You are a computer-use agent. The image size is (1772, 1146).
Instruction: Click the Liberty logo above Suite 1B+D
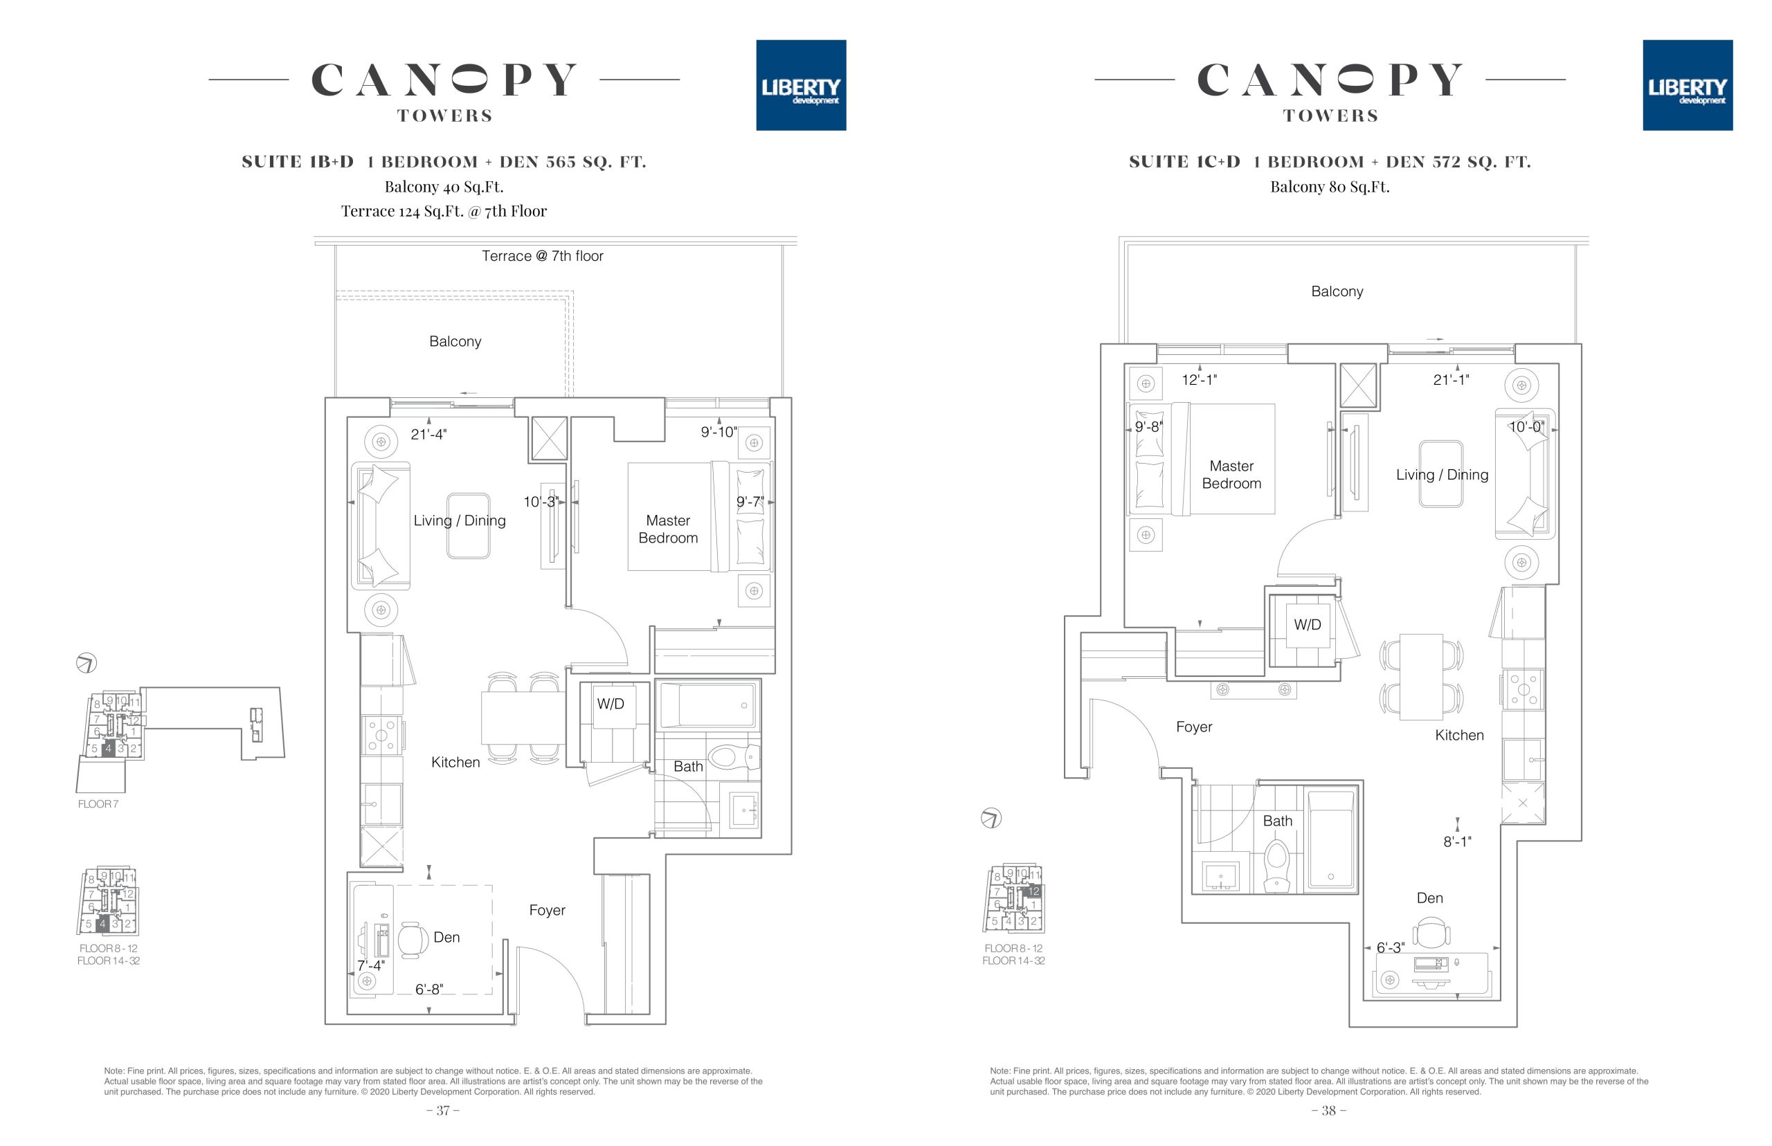click(801, 85)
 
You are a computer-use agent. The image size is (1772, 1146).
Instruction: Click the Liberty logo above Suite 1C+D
click(1687, 85)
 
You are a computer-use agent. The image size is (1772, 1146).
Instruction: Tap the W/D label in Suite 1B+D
click(611, 703)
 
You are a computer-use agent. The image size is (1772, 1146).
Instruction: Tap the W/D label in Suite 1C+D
click(1307, 624)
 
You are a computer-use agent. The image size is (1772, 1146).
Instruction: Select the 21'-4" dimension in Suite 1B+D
click(428, 434)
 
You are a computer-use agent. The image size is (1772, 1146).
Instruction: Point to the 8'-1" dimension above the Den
click(1457, 842)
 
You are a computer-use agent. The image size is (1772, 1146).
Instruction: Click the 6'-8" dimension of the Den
click(428, 989)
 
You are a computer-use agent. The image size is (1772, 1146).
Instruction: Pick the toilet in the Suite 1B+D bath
click(734, 758)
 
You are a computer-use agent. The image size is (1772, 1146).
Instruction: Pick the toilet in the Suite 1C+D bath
click(1276, 866)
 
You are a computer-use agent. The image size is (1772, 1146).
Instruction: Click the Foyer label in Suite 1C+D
click(1194, 727)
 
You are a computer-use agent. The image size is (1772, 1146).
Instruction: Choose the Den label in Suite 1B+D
click(446, 937)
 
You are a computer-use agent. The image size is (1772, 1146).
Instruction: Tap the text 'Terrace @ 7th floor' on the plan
click(543, 256)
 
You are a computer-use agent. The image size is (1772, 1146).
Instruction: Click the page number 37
click(443, 1110)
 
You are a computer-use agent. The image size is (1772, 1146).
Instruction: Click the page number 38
click(1328, 1110)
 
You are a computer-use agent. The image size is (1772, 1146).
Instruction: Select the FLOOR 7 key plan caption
click(98, 803)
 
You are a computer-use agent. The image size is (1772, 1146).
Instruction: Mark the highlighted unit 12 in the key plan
click(1033, 891)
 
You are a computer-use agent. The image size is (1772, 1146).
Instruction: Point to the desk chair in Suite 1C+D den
click(1430, 932)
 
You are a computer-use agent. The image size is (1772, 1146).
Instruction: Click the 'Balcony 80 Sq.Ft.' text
click(1330, 187)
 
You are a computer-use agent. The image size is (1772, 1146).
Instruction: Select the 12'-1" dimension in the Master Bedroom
click(1200, 379)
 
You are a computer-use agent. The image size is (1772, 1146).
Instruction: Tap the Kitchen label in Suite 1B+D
click(455, 762)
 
